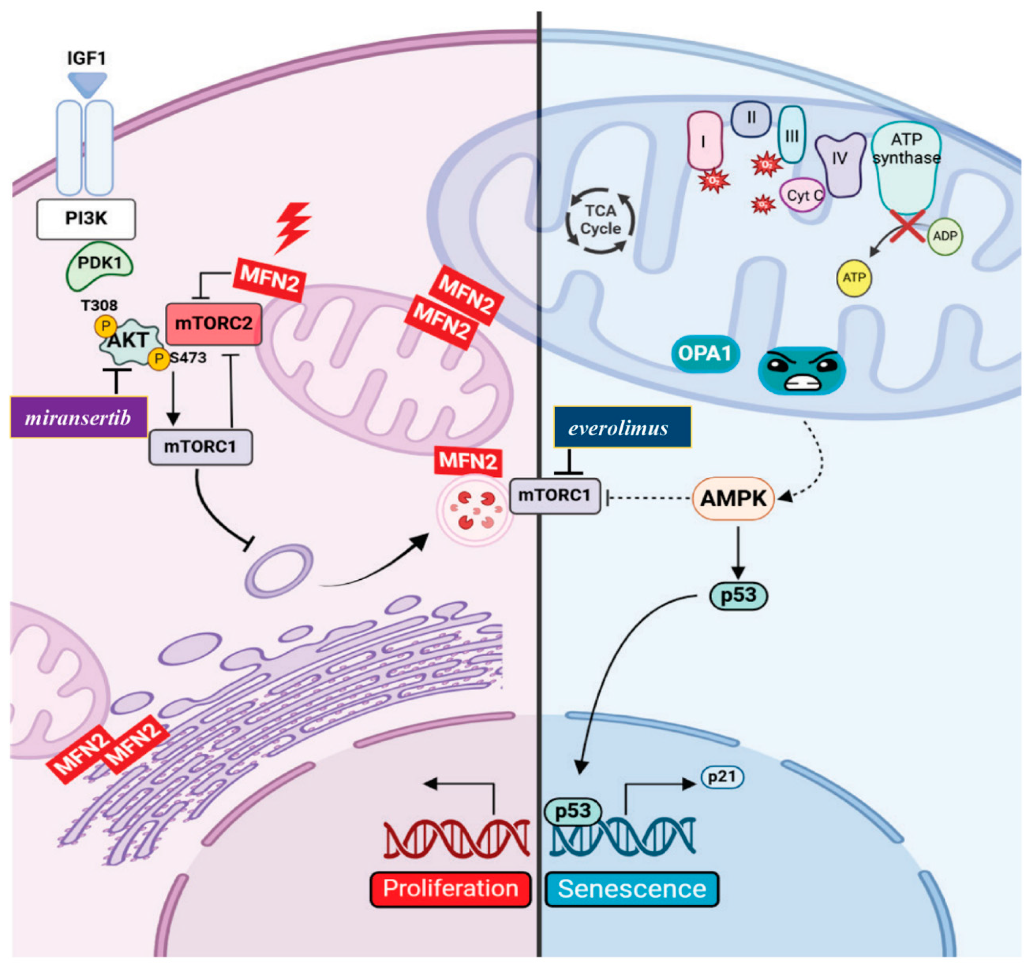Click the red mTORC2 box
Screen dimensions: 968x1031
(213, 324)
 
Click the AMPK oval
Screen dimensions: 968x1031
(733, 498)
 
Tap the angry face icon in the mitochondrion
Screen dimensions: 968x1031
(801, 370)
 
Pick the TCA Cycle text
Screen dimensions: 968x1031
(601, 220)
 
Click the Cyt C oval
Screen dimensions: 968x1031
(802, 196)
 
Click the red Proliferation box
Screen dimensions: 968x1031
(450, 889)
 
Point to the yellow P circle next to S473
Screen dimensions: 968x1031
(159, 359)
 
